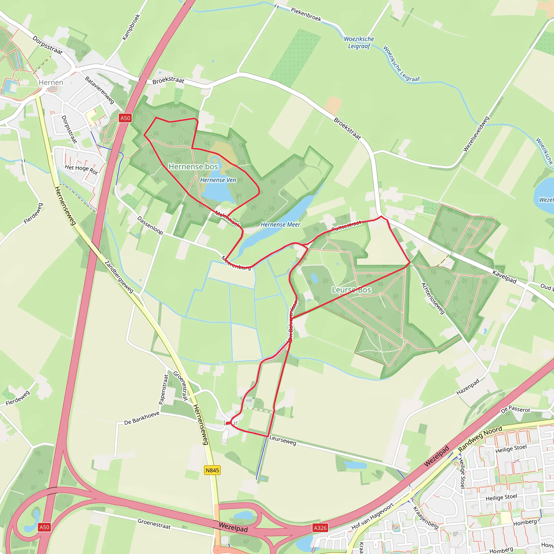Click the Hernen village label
point(51,83)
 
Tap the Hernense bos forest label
point(193,167)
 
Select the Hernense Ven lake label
point(218,180)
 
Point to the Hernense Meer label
point(280,225)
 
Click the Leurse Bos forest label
point(351,290)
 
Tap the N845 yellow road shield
point(212,470)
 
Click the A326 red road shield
point(320,528)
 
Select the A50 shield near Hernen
point(125,118)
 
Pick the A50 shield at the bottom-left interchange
point(44,527)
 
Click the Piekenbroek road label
point(306,14)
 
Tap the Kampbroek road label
point(131,27)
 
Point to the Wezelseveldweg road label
point(476,134)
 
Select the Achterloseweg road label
point(433,298)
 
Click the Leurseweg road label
point(282,440)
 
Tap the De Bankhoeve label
point(142,418)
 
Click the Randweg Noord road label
point(480,439)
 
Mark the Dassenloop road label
point(150,225)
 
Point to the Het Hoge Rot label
point(81,169)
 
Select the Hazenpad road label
point(468,387)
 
